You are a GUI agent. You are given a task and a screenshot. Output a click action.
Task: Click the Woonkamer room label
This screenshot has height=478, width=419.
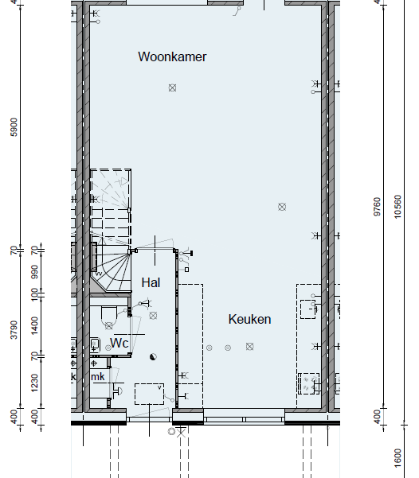[172, 57]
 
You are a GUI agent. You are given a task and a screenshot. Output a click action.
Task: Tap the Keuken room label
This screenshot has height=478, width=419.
[249, 319]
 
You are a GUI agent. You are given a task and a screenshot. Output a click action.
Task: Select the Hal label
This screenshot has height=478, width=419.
[151, 282]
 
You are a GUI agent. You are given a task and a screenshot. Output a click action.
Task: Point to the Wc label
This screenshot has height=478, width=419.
[119, 343]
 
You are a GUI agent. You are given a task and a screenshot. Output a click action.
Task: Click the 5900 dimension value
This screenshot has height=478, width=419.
[14, 127]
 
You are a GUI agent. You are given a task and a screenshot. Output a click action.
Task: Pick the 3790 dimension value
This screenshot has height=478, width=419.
[14, 329]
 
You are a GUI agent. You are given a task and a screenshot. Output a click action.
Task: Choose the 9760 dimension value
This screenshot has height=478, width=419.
[378, 207]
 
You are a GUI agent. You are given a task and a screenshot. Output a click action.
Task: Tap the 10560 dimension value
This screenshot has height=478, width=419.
[397, 207]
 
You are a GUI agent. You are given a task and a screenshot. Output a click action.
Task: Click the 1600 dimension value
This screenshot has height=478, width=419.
[397, 457]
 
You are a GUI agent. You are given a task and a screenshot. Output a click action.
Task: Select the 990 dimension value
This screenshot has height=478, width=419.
[34, 272]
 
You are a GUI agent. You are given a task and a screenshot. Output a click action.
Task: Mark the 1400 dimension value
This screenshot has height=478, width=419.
[34, 325]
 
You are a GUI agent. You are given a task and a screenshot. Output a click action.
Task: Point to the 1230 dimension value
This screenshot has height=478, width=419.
[34, 383]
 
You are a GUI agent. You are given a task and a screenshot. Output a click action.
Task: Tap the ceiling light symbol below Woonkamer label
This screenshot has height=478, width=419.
[172, 87]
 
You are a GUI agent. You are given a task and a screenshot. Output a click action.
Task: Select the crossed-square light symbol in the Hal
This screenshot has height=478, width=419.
[153, 316]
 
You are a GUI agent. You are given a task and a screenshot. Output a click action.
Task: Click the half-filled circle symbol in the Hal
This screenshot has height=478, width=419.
[153, 356]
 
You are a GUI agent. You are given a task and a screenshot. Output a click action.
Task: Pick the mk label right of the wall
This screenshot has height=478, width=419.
[98, 377]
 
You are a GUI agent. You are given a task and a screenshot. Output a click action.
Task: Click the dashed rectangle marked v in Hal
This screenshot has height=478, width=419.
[149, 394]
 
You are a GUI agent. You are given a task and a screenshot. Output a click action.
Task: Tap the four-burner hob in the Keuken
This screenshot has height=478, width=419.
[309, 383]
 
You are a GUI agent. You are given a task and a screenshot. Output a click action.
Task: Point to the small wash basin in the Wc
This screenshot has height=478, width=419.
[95, 345]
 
